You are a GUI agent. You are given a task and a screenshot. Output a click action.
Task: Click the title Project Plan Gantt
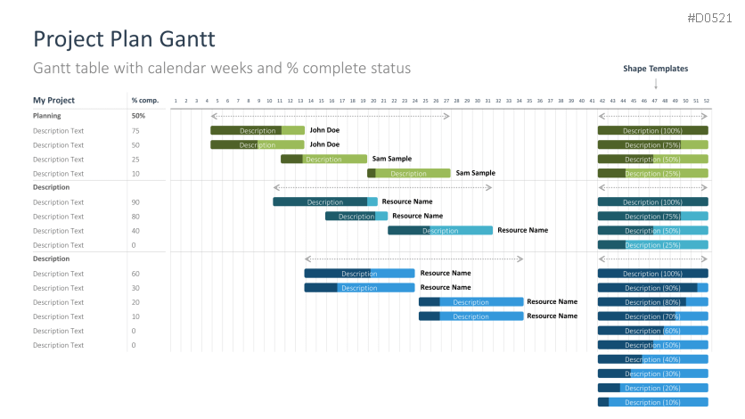pyautogui.click(x=123, y=40)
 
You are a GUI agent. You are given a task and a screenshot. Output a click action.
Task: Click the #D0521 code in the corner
pyautogui.click(x=709, y=18)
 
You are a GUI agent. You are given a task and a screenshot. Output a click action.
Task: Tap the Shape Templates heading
pyautogui.click(x=655, y=69)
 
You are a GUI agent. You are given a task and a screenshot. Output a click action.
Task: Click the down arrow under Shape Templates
pyautogui.click(x=656, y=84)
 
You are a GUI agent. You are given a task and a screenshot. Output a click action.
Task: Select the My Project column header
pyautogui.click(x=53, y=101)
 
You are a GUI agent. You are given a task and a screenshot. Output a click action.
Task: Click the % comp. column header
pyautogui.click(x=144, y=101)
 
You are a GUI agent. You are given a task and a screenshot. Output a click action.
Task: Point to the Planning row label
pyautogui.click(x=47, y=116)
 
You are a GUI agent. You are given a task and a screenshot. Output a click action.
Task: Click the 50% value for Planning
pyautogui.click(x=138, y=116)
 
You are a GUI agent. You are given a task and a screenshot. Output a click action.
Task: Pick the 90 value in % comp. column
pyautogui.click(x=135, y=202)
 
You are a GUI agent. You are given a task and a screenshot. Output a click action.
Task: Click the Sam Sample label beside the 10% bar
pyautogui.click(x=475, y=173)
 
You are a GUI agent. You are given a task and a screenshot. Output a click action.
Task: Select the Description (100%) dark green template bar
pyautogui.click(x=652, y=130)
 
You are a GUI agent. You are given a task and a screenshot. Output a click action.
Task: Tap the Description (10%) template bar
pyautogui.click(x=652, y=402)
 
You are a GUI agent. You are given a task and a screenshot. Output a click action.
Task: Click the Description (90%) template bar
pyautogui.click(x=652, y=287)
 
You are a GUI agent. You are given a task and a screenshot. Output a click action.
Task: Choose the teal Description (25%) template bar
pyautogui.click(x=652, y=244)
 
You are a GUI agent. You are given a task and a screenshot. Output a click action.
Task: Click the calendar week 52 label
pyautogui.click(x=707, y=101)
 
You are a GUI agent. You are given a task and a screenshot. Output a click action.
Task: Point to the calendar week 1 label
pyautogui.click(x=176, y=101)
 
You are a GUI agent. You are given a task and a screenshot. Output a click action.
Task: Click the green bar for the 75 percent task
pyautogui.click(x=257, y=130)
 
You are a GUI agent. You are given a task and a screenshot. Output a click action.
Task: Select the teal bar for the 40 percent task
pyautogui.click(x=439, y=230)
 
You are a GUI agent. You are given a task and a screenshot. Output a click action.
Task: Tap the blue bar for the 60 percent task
pyautogui.click(x=359, y=273)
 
